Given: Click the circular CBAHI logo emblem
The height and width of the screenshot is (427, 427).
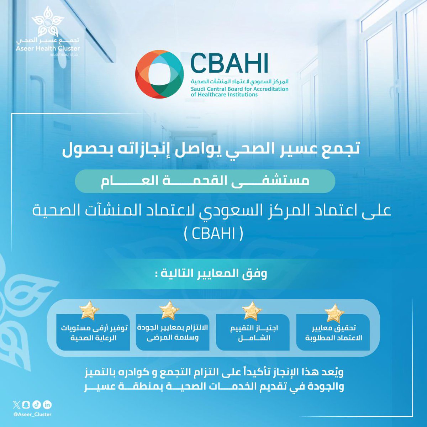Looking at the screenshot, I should [x=160, y=74].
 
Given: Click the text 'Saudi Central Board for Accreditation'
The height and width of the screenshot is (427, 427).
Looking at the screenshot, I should [x=239, y=89].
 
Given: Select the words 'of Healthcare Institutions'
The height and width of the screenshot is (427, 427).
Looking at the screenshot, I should [x=224, y=95].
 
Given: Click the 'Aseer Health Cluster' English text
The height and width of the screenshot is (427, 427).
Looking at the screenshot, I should [x=48, y=48].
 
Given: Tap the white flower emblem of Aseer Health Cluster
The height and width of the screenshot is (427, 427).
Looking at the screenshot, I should [x=48, y=23].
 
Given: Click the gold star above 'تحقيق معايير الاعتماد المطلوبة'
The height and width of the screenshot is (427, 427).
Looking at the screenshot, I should [x=334, y=313].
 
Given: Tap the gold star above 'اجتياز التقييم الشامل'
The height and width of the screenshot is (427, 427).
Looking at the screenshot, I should [x=252, y=311].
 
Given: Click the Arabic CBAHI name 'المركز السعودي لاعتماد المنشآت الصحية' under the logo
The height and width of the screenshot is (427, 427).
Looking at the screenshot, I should [x=239, y=81].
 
